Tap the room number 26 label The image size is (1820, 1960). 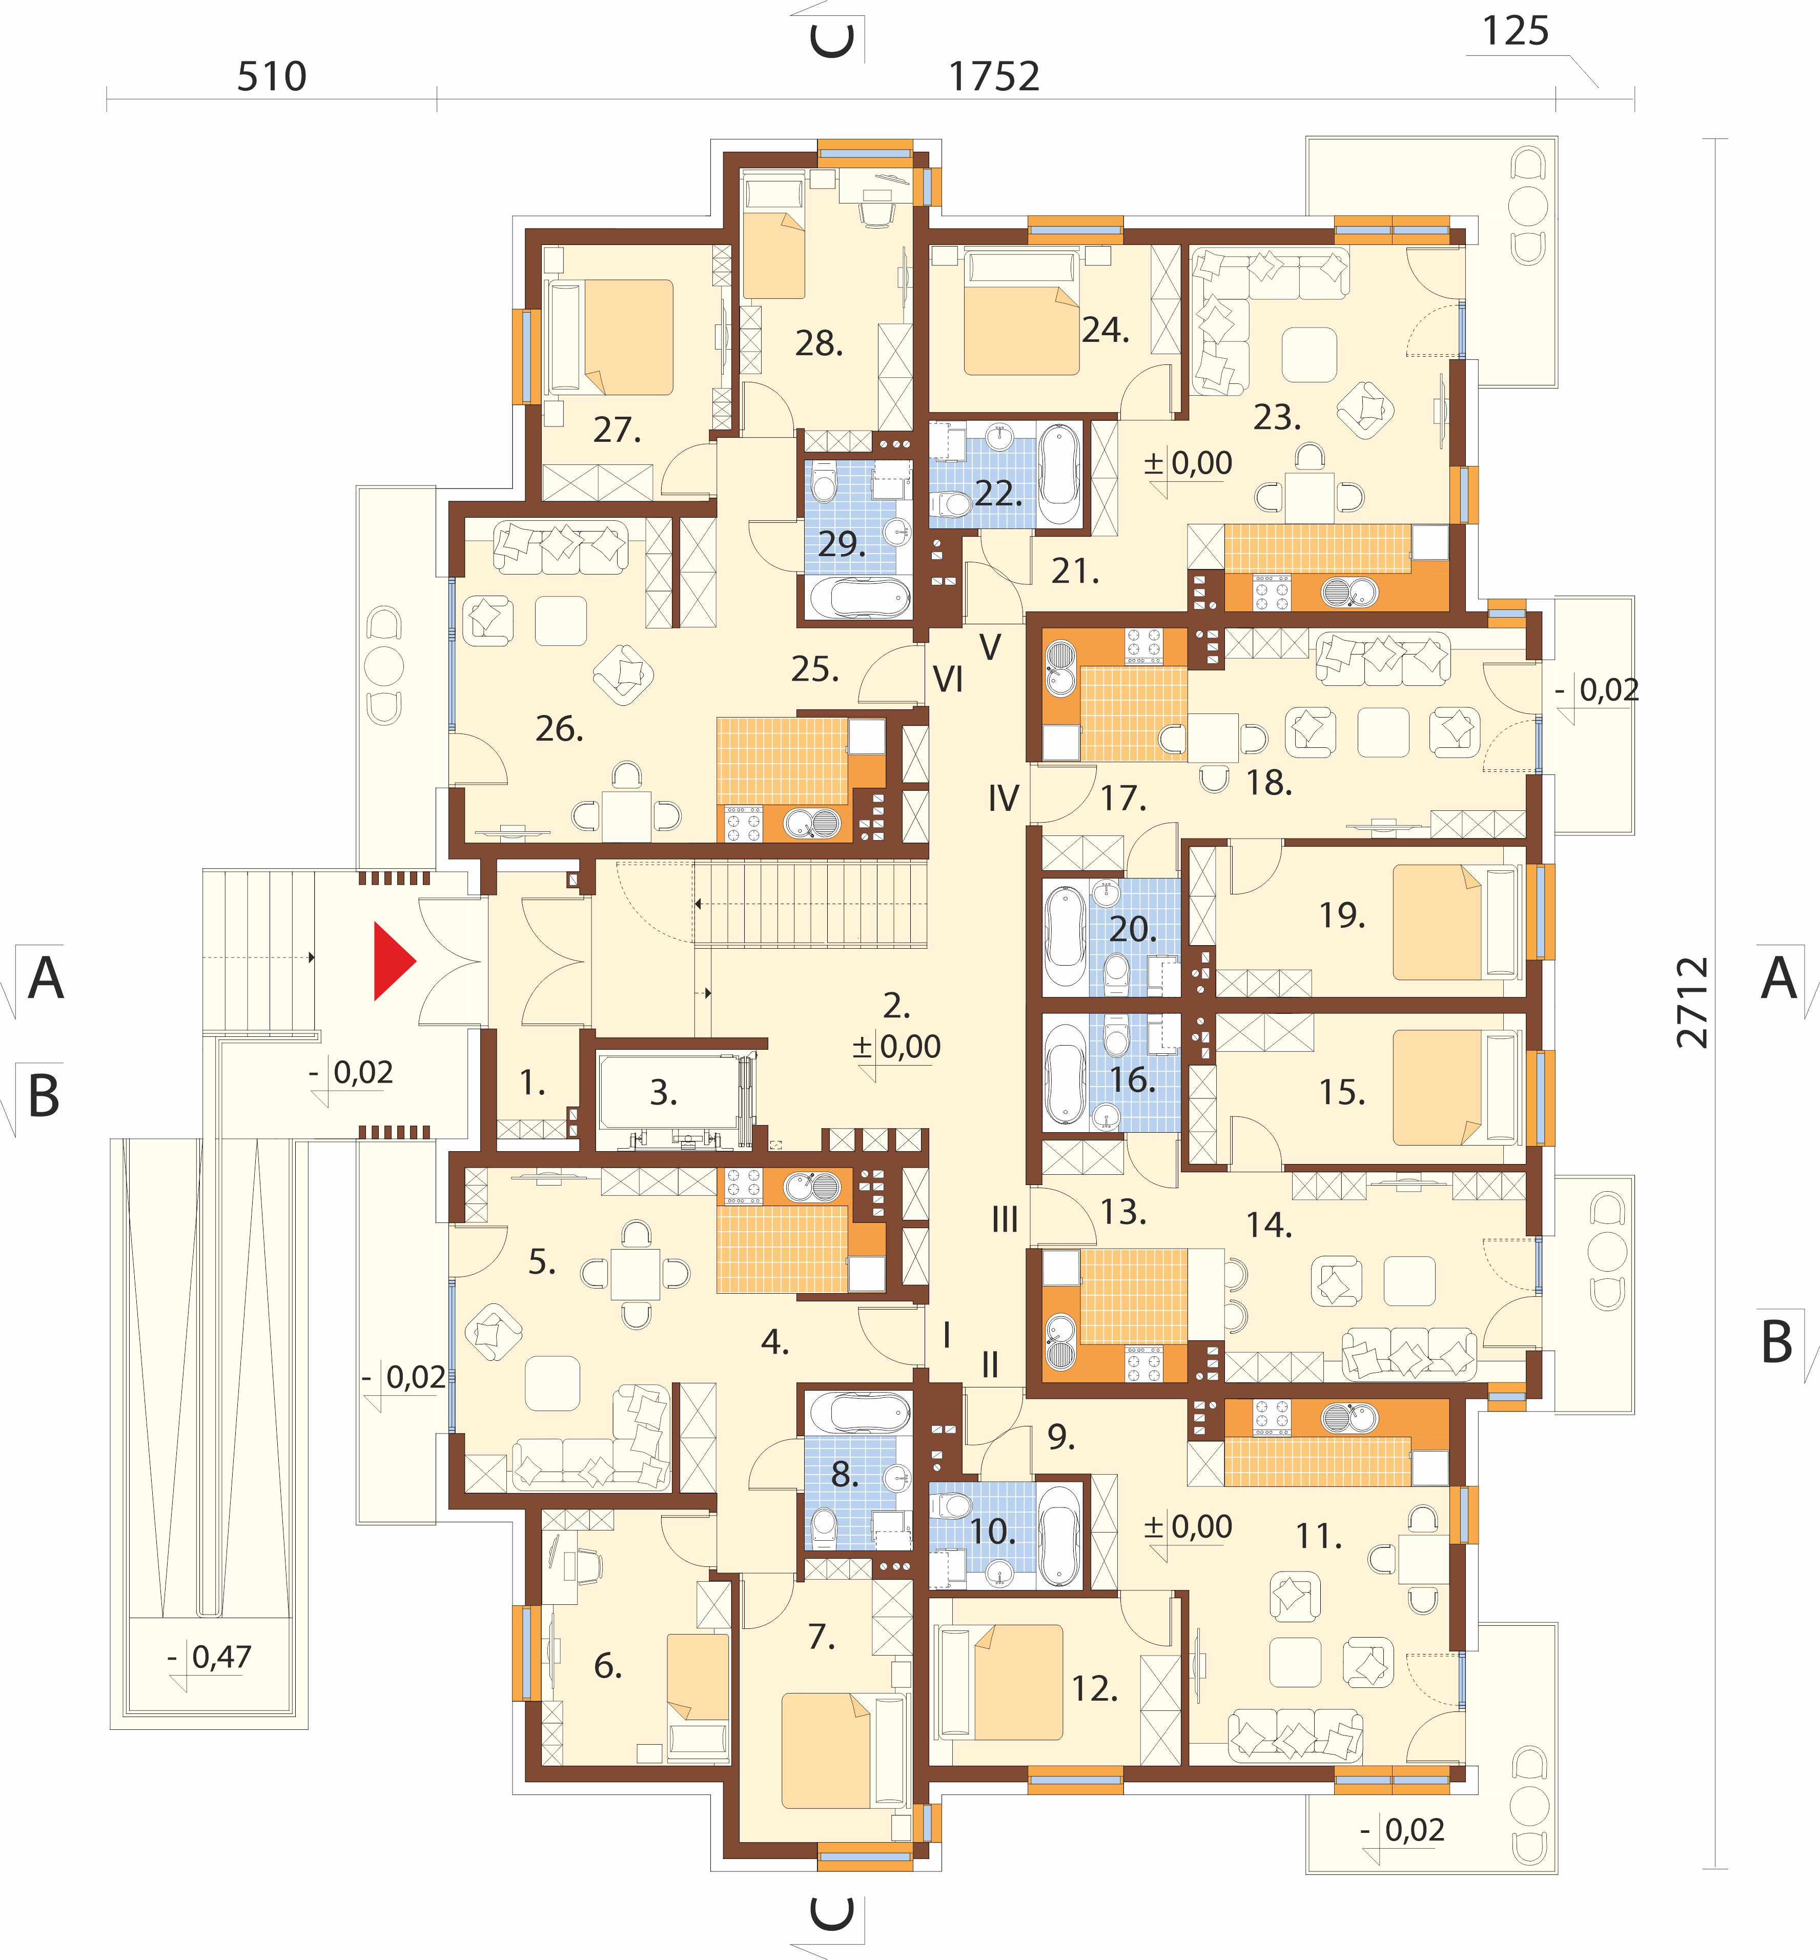[559, 729]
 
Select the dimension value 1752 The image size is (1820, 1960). [994, 77]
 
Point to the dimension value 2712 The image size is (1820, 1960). [1692, 1002]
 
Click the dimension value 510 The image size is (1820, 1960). [272, 77]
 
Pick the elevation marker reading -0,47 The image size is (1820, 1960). [211, 1658]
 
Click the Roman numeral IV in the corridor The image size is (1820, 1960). [1004, 798]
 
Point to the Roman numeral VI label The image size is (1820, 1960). [948, 680]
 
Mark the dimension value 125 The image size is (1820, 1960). [1516, 31]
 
